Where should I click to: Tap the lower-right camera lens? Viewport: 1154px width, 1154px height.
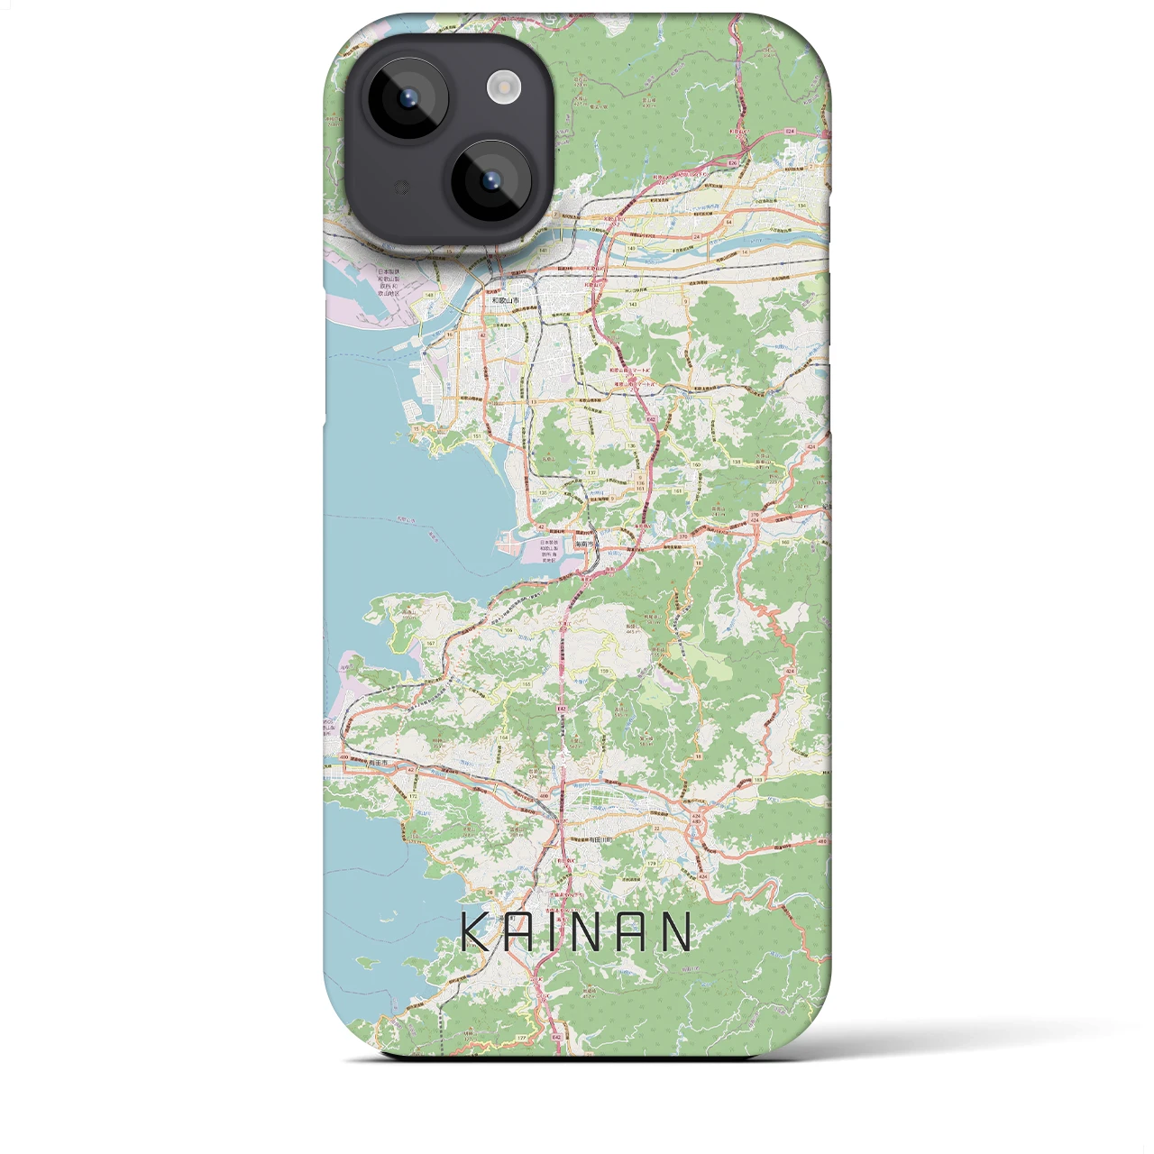(491, 181)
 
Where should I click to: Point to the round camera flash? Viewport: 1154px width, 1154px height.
(504, 87)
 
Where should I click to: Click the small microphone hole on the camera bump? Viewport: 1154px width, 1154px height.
(403, 188)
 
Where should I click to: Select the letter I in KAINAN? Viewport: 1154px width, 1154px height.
(563, 932)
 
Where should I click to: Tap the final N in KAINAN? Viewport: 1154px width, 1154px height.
(675, 932)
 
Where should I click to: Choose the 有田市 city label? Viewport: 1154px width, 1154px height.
(377, 763)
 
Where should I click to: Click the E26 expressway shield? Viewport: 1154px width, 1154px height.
(733, 163)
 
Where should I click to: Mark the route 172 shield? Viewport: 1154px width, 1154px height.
(414, 797)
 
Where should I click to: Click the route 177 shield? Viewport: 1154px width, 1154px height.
(521, 1039)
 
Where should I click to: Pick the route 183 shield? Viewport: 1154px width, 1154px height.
(758, 780)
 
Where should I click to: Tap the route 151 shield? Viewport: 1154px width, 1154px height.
(476, 435)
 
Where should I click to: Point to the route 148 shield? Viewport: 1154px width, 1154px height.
(429, 295)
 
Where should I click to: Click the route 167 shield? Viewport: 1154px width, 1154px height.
(431, 643)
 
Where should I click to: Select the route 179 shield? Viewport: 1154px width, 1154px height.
(650, 865)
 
